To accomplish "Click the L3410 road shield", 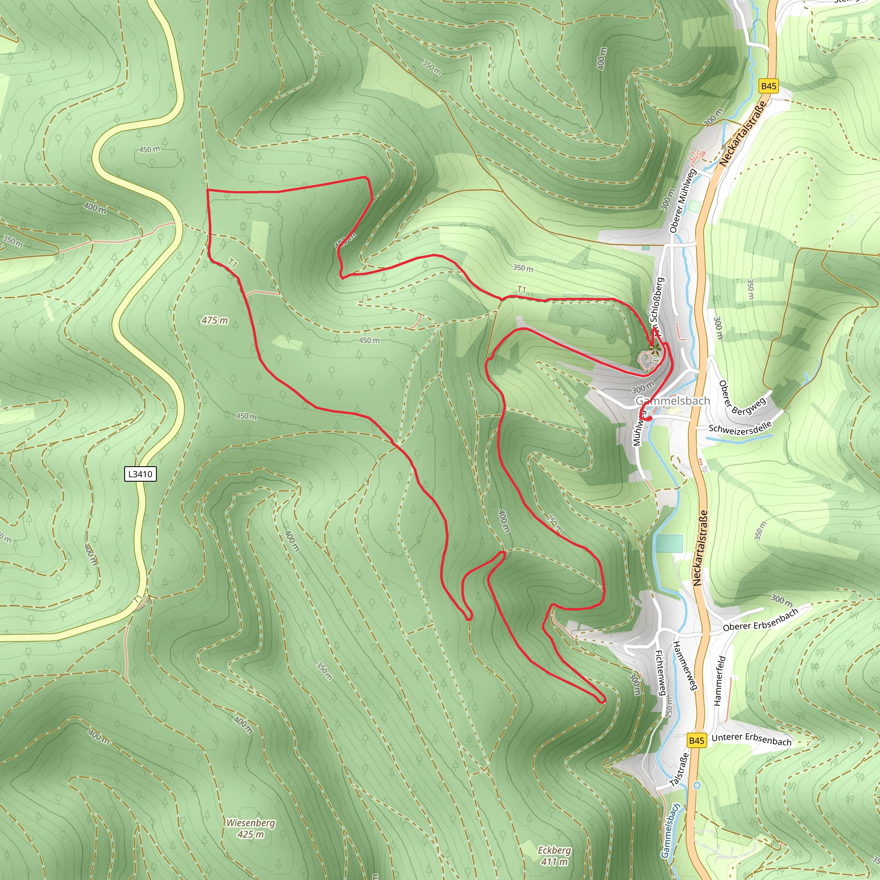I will click(x=140, y=474).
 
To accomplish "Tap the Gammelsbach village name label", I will click(x=672, y=401).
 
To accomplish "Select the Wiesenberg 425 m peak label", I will click(x=251, y=828).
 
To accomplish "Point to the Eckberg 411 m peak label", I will click(x=554, y=856).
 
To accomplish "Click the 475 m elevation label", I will click(x=214, y=321).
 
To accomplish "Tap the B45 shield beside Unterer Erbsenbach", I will click(x=697, y=741).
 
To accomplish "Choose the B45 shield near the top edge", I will click(x=768, y=86).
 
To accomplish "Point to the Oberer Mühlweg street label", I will click(x=682, y=201).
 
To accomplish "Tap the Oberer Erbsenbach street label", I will click(x=761, y=620).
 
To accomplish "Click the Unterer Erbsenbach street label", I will click(x=752, y=739).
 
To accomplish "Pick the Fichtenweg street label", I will click(x=661, y=672).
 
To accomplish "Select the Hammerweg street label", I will click(x=685, y=665).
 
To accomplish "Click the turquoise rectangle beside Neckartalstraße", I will click(x=669, y=544).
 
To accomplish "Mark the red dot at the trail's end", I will click(x=650, y=418).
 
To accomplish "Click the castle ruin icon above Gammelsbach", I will click(x=655, y=351).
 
